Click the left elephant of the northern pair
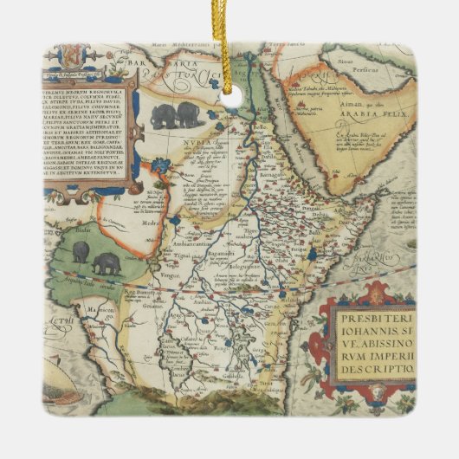point(163,115)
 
